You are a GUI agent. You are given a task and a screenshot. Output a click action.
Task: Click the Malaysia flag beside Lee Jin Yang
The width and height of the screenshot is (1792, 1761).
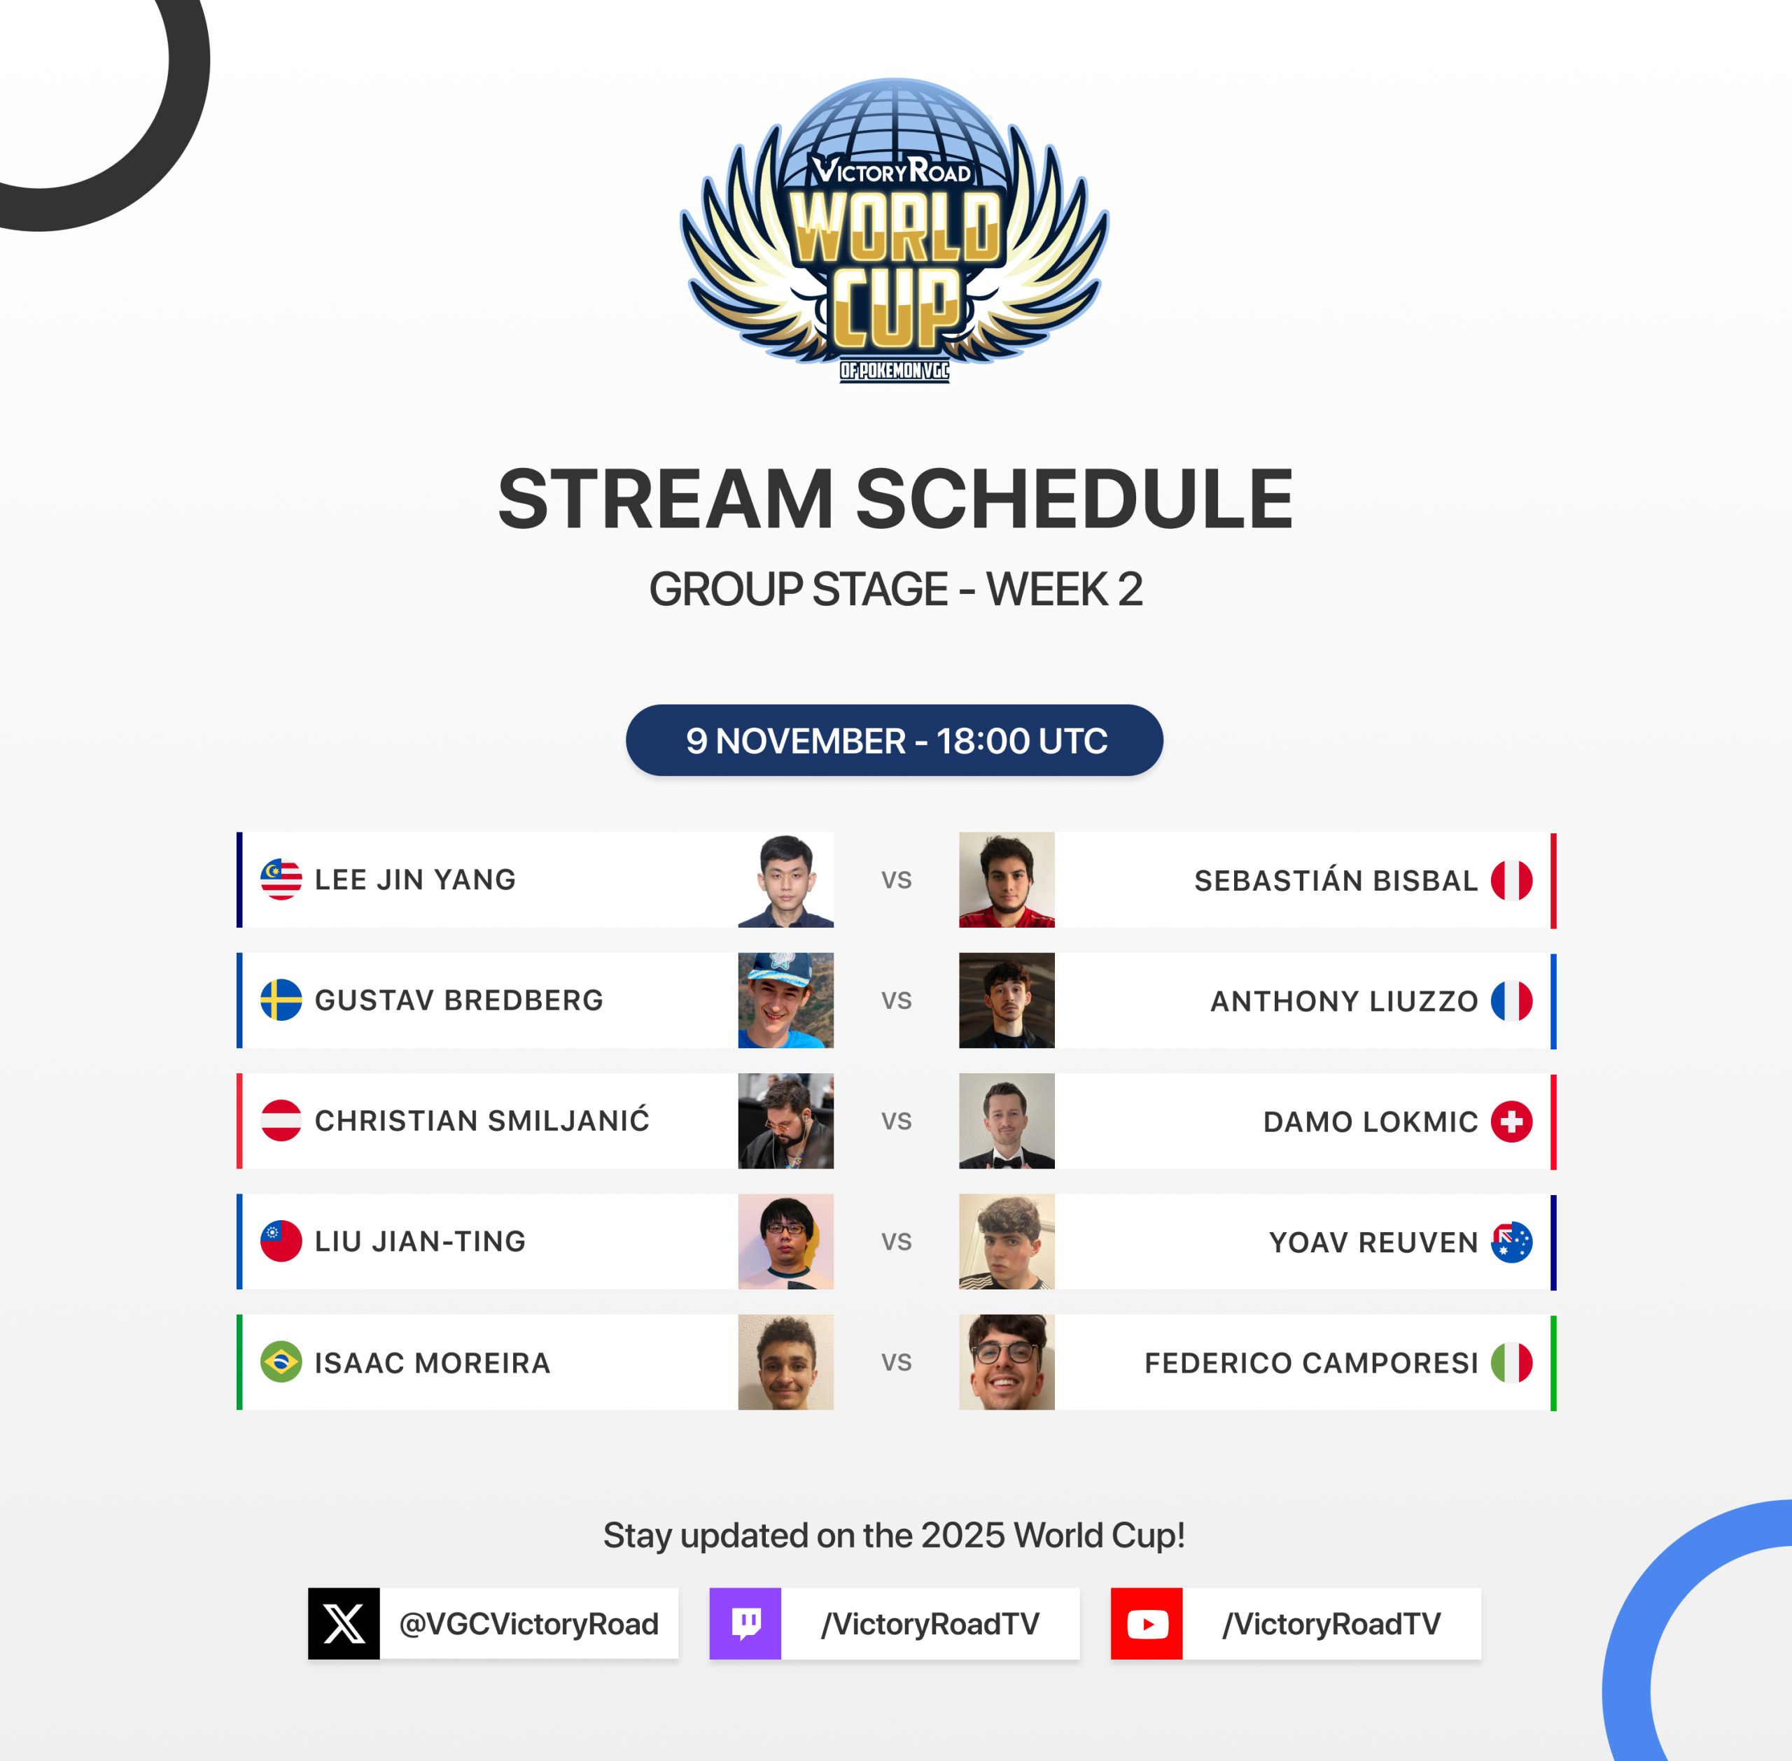point(281,879)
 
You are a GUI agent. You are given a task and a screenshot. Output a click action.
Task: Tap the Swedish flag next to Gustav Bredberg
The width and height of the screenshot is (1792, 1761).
point(281,1000)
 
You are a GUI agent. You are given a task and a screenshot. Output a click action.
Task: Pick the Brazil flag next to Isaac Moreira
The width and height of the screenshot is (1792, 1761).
point(281,1362)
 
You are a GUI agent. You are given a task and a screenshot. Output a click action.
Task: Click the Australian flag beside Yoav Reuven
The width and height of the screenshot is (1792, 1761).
point(1512,1242)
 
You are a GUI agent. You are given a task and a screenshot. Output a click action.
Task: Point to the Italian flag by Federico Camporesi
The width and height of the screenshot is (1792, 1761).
point(1512,1362)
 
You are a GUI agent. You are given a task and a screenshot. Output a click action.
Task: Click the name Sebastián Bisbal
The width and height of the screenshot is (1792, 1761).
point(1336,879)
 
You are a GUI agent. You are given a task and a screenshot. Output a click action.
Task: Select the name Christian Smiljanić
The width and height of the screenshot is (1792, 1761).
point(482,1120)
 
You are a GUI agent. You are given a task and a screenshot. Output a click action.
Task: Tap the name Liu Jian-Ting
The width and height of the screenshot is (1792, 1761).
point(420,1241)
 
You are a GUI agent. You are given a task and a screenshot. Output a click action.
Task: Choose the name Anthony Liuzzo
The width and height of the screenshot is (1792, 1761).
point(1344,1000)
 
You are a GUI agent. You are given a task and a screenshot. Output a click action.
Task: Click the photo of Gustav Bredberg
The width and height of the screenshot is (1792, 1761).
point(785,1000)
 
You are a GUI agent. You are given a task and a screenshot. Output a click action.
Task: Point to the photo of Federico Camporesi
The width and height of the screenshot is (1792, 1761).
point(1007,1362)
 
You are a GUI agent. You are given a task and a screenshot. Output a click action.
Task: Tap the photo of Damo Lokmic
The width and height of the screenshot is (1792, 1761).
point(1007,1121)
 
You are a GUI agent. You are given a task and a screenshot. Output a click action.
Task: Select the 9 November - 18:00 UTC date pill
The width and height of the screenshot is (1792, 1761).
point(895,740)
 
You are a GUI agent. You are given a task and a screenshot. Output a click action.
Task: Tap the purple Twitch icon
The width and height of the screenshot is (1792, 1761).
point(745,1623)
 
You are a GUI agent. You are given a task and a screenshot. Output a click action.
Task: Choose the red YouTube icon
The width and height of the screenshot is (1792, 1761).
point(1147,1623)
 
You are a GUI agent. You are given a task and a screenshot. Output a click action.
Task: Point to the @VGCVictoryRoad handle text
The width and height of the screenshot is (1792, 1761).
point(528,1624)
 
